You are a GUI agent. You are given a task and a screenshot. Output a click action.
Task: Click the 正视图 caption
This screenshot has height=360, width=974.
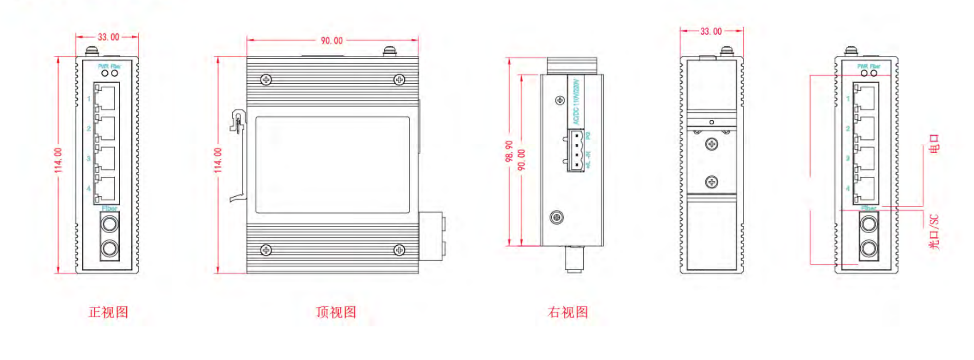tap(108, 312)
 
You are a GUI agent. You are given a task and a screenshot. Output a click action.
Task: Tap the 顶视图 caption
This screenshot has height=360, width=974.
tap(336, 312)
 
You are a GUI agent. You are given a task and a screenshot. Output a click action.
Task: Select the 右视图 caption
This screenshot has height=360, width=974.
tap(567, 312)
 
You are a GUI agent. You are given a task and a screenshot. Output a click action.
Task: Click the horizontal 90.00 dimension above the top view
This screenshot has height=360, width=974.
tap(332, 41)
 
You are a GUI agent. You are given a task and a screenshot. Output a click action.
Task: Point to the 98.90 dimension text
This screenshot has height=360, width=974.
tap(509, 151)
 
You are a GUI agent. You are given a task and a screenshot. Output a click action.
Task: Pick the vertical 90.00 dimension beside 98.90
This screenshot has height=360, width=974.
tap(522, 160)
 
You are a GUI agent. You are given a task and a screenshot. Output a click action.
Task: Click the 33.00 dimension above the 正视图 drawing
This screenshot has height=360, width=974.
tap(108, 37)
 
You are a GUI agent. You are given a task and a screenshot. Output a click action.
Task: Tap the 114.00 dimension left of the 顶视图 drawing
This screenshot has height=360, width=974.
tap(218, 161)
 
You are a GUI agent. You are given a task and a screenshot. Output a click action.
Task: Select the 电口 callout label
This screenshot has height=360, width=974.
tap(934, 143)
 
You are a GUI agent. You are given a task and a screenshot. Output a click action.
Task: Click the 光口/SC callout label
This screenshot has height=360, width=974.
tap(934, 231)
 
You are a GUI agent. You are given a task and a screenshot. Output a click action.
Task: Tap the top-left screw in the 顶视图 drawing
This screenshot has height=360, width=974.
tap(266, 80)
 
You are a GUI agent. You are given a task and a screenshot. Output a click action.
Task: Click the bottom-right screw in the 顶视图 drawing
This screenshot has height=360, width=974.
tap(399, 250)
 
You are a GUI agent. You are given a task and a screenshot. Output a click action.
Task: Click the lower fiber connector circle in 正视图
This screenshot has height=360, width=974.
tap(110, 248)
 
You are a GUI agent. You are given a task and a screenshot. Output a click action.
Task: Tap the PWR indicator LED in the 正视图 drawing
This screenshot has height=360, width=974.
tap(105, 73)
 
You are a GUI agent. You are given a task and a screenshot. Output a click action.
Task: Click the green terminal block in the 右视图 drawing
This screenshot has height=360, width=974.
tap(576, 150)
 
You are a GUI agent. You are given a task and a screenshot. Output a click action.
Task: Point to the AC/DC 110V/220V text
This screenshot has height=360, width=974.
tap(576, 102)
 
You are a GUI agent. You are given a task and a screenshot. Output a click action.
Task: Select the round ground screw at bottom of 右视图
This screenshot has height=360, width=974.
tap(556, 217)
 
